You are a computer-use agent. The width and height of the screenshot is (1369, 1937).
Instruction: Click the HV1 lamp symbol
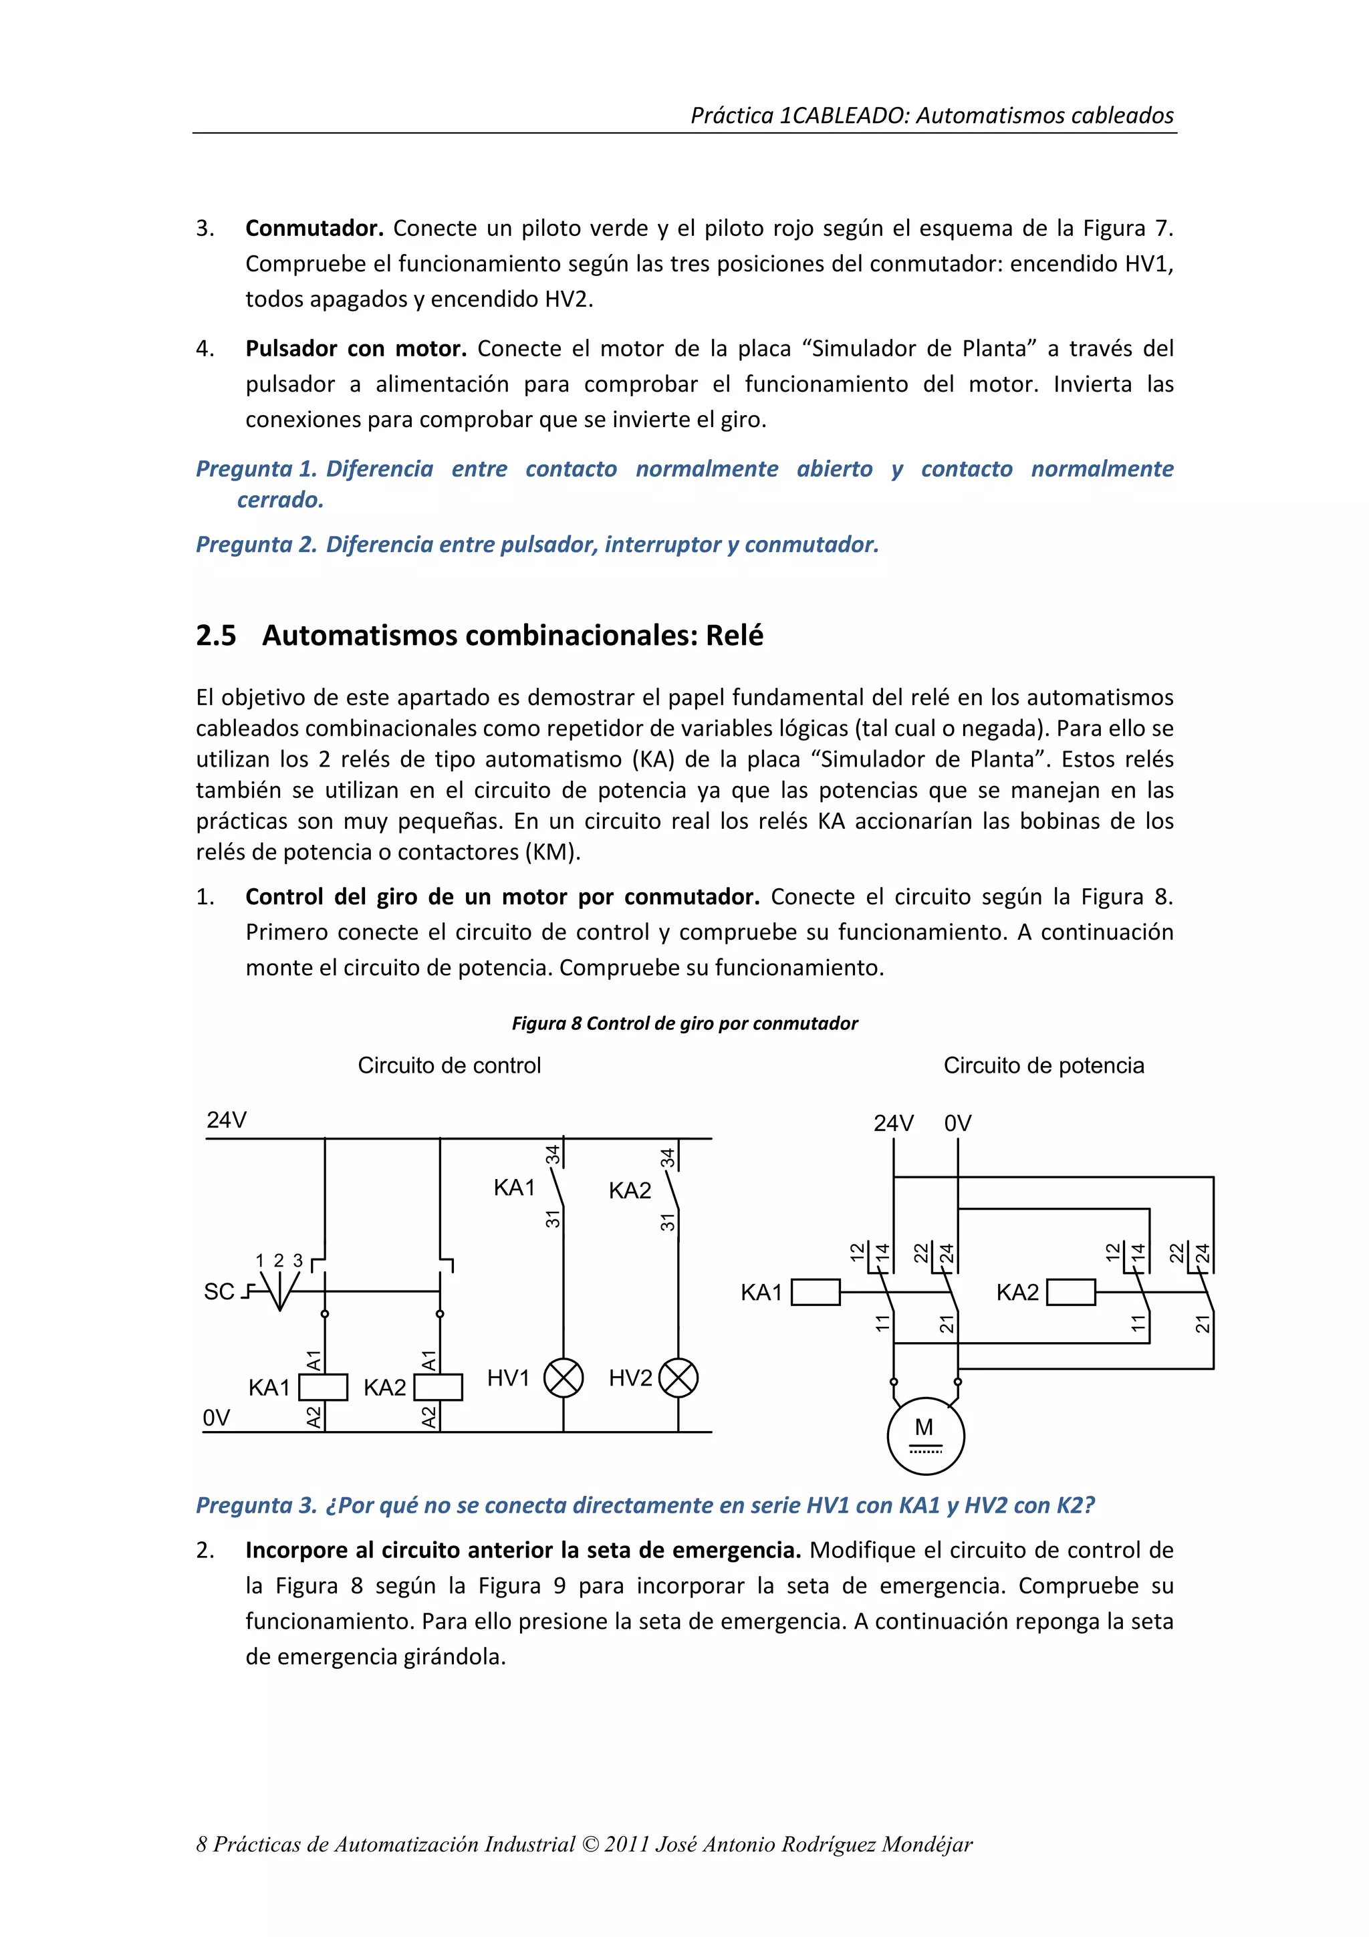563,1378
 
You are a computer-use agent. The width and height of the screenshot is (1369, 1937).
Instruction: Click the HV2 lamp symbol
678,1378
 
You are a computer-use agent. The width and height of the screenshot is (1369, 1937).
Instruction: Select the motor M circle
925,1435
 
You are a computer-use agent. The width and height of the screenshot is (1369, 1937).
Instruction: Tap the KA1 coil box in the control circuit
324,1387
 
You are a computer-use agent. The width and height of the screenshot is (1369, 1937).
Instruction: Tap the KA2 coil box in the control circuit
439,1387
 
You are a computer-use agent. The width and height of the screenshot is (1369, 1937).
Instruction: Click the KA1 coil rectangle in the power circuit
816,1291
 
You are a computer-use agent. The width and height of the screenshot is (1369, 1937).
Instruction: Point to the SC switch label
219,1291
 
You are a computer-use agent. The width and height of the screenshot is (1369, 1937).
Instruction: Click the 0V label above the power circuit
957,1123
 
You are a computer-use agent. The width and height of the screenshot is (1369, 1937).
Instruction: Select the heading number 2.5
216,635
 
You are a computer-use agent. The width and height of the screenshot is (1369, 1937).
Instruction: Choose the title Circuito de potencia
1043,1065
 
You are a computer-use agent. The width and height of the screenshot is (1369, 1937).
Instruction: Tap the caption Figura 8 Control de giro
684,1023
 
